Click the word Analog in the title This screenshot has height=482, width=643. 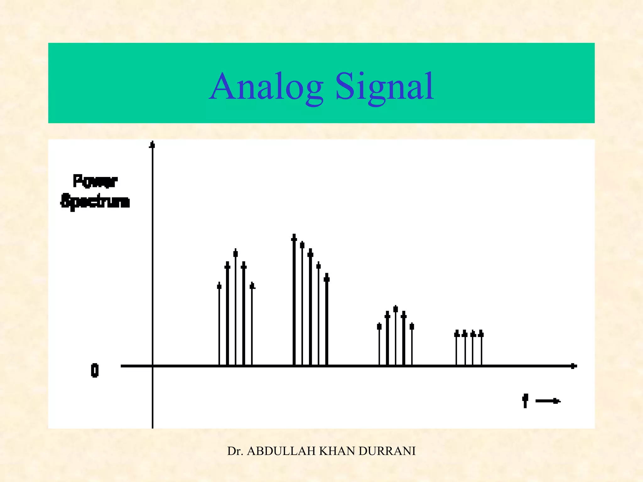click(x=266, y=87)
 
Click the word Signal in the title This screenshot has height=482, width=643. click(x=385, y=87)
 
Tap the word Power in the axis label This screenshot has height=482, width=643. click(x=95, y=181)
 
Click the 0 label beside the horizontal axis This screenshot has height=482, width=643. click(x=95, y=370)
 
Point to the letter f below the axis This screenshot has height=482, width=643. click(x=525, y=401)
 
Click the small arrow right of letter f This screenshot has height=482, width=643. click(x=548, y=401)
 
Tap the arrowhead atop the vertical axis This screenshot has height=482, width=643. click(x=152, y=145)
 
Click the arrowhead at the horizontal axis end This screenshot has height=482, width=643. click(x=573, y=366)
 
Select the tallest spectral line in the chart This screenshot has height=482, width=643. click(x=294, y=298)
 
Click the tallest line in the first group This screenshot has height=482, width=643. click(x=235, y=308)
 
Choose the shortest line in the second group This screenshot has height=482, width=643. click(x=327, y=320)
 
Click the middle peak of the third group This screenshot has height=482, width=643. click(x=396, y=336)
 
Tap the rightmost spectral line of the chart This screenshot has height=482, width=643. click(x=481, y=348)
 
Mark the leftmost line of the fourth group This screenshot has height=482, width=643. click(x=457, y=348)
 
